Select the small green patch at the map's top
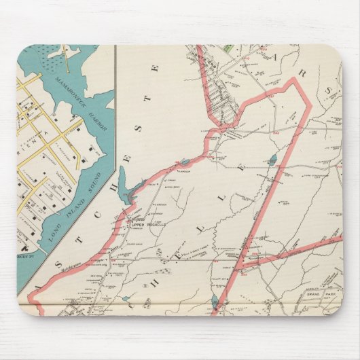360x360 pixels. pyautogui.click(x=229, y=50)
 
